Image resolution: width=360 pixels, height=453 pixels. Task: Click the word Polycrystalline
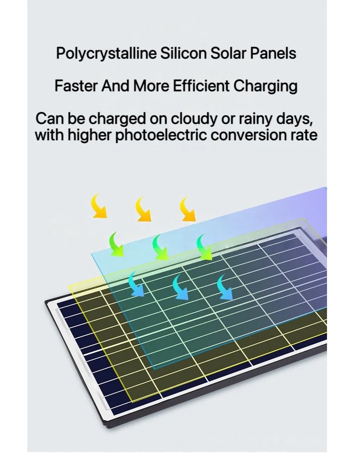106,53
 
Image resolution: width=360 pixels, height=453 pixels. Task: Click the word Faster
75,86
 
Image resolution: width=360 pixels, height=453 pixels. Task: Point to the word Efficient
201,86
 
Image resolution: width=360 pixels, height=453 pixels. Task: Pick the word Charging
265,87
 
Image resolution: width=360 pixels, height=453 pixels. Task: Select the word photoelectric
161,136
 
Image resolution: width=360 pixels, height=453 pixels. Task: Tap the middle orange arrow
143,209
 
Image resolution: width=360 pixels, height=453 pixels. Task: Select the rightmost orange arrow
187,209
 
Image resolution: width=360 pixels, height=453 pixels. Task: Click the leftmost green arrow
116,245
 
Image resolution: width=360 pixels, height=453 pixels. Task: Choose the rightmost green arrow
204,248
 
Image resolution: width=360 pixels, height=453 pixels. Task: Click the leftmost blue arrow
135,284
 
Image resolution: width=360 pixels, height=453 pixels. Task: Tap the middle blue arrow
181,287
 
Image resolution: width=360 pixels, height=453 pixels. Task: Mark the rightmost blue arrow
225,287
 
